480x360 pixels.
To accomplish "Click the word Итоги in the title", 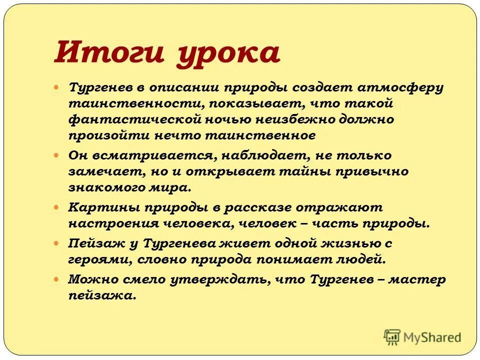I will click(109, 52).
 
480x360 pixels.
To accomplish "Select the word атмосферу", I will click(400, 88).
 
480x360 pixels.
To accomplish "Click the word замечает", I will click(104, 171).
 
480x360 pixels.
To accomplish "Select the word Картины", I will click(100, 207).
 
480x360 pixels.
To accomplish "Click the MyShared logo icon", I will click(392, 336).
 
